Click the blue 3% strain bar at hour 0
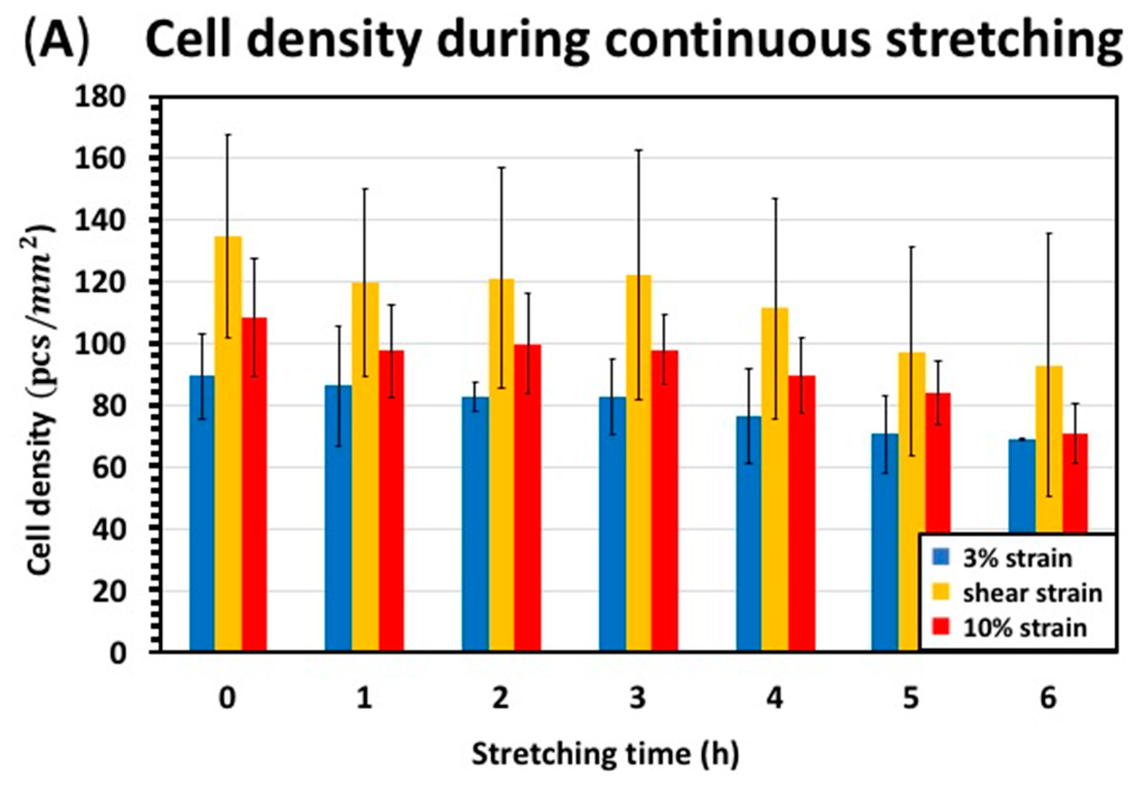coord(202,514)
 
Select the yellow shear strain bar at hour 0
coord(228,444)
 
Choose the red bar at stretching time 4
coord(801,514)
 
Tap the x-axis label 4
coord(774,699)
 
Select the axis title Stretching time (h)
coord(605,754)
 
